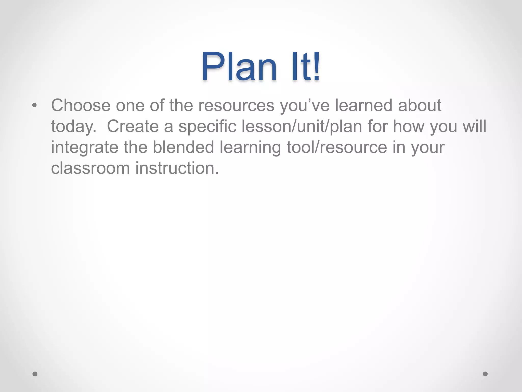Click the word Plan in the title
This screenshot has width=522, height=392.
point(239,67)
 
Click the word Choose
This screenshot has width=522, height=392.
point(81,105)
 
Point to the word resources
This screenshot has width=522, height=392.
point(236,105)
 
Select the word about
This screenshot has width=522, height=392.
point(420,105)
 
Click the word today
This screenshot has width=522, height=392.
point(74,127)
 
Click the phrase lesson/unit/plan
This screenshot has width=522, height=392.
point(302,127)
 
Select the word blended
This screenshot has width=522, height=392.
point(183,147)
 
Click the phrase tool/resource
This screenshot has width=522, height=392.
point(337,147)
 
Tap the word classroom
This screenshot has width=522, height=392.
point(90,168)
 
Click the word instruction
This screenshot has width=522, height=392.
point(177,168)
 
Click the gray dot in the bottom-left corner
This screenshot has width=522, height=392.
point(35,374)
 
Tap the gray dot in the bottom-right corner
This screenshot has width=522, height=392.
point(485,374)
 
